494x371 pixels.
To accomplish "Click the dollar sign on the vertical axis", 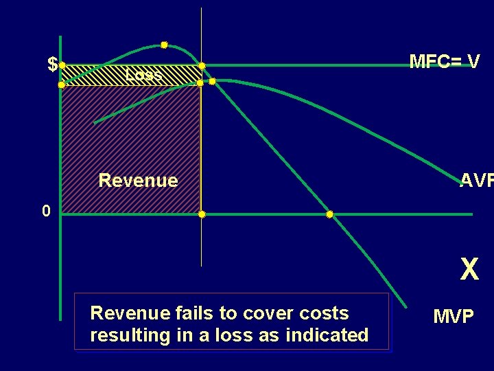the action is pyautogui.click(x=52, y=65).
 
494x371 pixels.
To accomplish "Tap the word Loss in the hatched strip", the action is pyautogui.click(x=143, y=74).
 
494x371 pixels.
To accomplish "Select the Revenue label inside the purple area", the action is pyautogui.click(x=138, y=181).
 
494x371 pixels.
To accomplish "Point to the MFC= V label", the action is pyautogui.click(x=444, y=62).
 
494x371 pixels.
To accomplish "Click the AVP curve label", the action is pyautogui.click(x=476, y=181).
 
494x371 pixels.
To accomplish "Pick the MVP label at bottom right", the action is pyautogui.click(x=453, y=317).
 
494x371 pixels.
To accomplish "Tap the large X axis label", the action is pyautogui.click(x=469, y=270).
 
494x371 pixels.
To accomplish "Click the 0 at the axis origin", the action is pyautogui.click(x=45, y=211).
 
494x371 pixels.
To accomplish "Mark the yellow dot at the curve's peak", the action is pyautogui.click(x=164, y=45).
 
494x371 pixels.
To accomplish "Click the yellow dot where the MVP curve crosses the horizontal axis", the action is pyautogui.click(x=329, y=214).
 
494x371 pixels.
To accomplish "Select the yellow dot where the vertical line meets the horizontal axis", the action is pyautogui.click(x=202, y=214).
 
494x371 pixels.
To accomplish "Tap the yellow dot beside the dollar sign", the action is pyautogui.click(x=62, y=66).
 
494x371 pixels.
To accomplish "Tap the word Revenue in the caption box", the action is pyautogui.click(x=129, y=313).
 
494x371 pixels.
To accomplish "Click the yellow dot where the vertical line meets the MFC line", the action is pyautogui.click(x=202, y=66).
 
